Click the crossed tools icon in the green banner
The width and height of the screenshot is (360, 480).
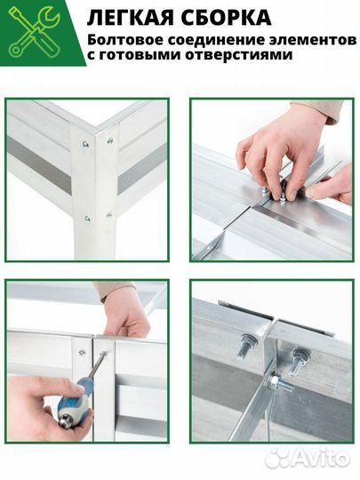click(35, 33)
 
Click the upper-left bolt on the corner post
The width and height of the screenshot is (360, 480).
click(85, 143)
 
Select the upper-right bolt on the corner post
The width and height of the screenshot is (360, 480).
click(110, 140)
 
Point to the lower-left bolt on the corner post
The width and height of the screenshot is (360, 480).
click(87, 219)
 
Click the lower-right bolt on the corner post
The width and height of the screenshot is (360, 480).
click(109, 215)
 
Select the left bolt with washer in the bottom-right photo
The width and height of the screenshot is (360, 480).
click(246, 345)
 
